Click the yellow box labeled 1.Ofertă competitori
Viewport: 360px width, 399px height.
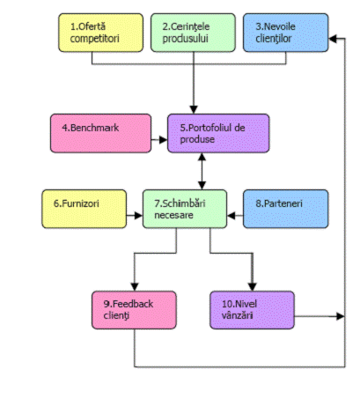tap(101, 33)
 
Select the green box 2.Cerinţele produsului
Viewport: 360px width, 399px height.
tap(193, 33)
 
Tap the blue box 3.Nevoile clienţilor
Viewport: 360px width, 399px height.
tap(286, 33)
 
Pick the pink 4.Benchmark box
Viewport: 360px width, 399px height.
tap(101, 133)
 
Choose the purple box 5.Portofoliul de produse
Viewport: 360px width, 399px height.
tap(218, 133)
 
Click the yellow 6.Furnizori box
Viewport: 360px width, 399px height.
tap(84, 209)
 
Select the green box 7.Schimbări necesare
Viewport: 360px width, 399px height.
tap(185, 209)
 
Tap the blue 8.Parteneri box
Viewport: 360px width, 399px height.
tap(286, 209)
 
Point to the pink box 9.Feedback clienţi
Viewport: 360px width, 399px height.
tap(135, 310)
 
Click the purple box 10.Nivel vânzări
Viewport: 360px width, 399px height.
tap(253, 310)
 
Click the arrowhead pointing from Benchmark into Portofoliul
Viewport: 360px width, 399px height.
tap(164, 140)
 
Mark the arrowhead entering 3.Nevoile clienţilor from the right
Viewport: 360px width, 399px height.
tap(333, 39)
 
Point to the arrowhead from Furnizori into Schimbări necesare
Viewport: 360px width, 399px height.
tap(138, 216)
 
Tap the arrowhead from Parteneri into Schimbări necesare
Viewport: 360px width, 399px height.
tap(231, 216)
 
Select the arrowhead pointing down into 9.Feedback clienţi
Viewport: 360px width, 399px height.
tap(135, 287)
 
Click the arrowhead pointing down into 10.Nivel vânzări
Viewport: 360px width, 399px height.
tap(253, 287)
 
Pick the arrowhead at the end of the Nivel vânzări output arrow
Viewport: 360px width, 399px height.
tap(341, 316)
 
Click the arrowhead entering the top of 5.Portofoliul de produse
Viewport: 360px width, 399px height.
tap(194, 110)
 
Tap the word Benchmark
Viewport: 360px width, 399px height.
tap(95, 128)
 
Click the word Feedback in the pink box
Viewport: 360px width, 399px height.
tap(133, 304)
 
